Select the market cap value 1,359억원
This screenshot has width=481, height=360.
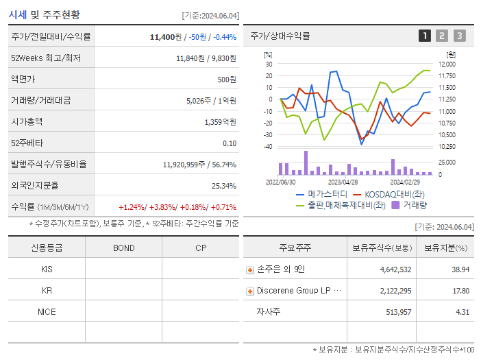(220, 122)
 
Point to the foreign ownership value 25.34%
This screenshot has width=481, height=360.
(224, 186)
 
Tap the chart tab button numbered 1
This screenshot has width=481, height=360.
(425, 36)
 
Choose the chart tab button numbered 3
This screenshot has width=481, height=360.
(459, 36)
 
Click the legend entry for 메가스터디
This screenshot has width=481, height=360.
(323, 194)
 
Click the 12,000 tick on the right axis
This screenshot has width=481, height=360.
(446, 64)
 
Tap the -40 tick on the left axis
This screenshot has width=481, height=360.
(268, 147)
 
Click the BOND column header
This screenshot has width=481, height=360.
(123, 248)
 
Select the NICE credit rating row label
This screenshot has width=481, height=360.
(47, 311)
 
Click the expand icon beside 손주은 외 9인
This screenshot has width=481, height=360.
(250, 270)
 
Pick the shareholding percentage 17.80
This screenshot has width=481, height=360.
(460, 291)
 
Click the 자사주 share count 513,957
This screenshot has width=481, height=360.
(395, 312)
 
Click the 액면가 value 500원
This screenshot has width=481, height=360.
(227, 80)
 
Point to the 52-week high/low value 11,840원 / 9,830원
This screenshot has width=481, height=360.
(206, 58)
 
